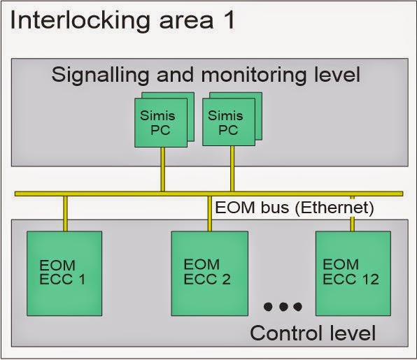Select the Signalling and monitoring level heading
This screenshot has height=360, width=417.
206,75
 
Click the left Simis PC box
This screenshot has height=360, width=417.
160,123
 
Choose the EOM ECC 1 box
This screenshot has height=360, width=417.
64,272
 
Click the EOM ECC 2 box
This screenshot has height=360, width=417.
209,272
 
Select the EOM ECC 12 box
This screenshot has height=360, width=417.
353,272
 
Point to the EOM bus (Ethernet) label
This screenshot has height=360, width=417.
294,208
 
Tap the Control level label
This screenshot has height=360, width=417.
313,332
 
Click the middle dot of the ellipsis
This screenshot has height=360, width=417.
283,306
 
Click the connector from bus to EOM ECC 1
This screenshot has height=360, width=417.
65,213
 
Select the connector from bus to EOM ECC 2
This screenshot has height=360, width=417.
210,213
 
